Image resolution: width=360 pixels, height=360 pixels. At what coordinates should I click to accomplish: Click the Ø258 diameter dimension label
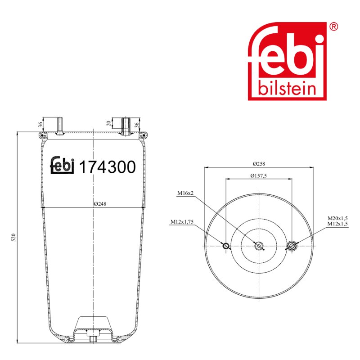click(259, 164)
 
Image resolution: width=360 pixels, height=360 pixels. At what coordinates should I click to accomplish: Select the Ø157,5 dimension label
click(258, 176)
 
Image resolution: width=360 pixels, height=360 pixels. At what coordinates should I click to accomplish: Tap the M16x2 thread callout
click(185, 193)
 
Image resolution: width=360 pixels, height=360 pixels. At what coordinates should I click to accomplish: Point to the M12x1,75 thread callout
click(182, 222)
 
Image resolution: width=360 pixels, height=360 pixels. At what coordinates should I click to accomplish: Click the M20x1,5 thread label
click(337, 218)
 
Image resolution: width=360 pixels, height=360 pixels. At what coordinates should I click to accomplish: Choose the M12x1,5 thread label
click(337, 224)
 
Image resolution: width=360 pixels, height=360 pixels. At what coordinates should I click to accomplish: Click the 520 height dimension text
click(14, 238)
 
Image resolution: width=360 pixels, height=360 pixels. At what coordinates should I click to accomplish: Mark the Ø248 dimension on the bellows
click(100, 204)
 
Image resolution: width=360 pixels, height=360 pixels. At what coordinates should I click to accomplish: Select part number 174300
click(107, 167)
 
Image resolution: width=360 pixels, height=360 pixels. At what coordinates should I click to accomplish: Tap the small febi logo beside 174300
click(62, 165)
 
